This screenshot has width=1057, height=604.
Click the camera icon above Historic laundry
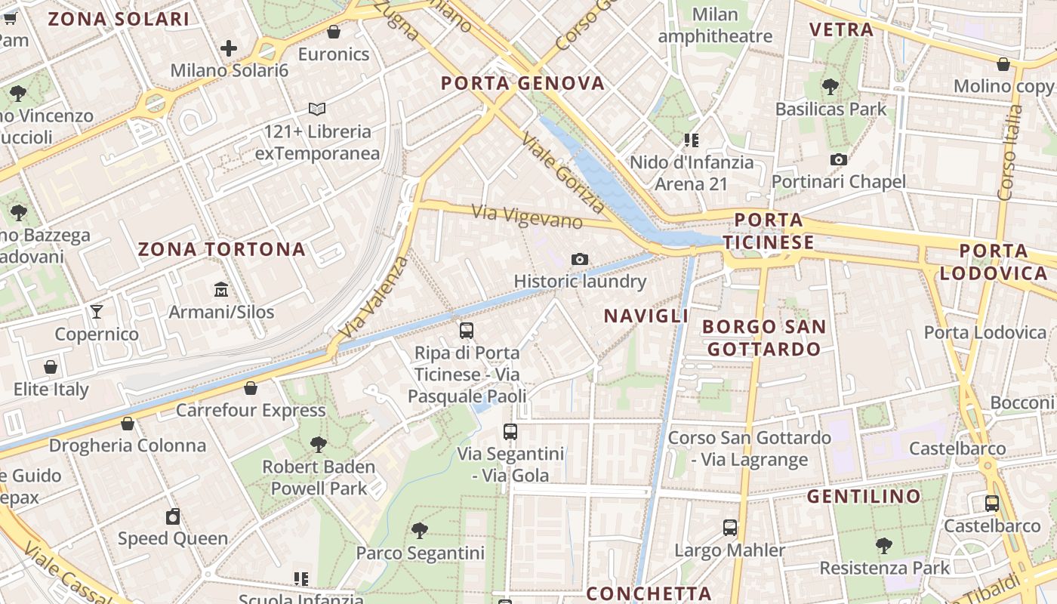click(579, 259)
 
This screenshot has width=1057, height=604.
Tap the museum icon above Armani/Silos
click(221, 289)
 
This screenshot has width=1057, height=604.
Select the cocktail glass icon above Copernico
click(97, 311)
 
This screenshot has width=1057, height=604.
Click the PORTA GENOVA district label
click(522, 83)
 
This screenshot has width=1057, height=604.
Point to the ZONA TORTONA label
click(222, 249)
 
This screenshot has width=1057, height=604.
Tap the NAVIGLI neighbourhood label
click(646, 316)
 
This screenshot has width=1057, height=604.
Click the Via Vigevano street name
click(527, 217)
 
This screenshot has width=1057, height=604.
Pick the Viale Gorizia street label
click(563, 172)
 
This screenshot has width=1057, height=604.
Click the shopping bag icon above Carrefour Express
click(251, 388)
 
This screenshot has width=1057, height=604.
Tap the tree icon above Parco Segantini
click(420, 531)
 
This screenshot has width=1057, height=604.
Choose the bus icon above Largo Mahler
click(729, 528)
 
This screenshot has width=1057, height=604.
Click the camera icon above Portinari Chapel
click(838, 159)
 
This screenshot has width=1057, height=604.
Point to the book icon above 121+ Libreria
click(317, 109)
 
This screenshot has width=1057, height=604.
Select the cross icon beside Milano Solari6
click(229, 49)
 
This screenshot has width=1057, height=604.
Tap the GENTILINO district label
click(864, 496)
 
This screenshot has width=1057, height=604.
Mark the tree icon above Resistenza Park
click(884, 545)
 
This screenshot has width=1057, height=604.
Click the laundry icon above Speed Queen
click(173, 516)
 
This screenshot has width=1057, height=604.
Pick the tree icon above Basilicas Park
click(830, 87)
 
